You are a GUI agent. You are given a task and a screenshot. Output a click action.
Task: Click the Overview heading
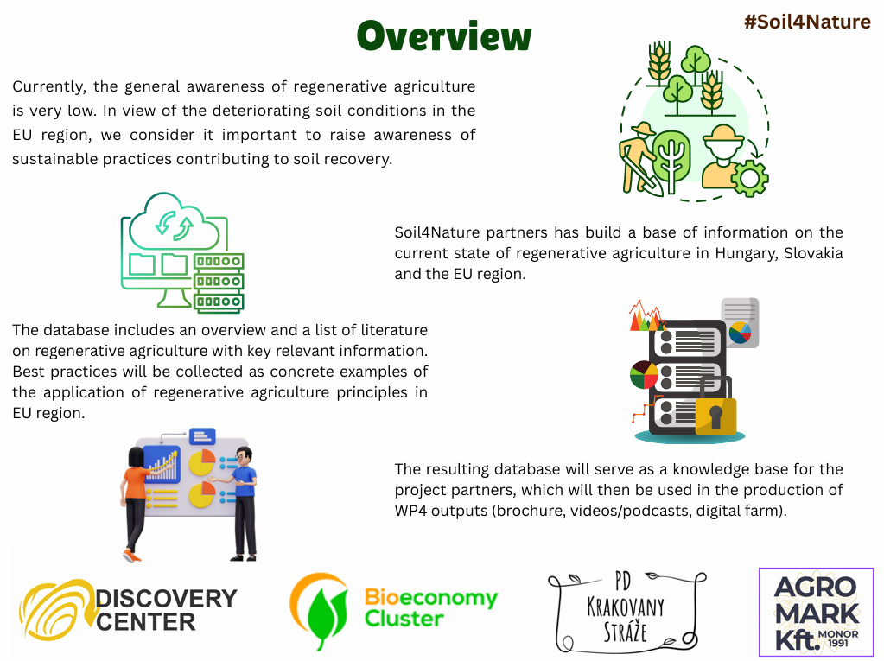pos(444,36)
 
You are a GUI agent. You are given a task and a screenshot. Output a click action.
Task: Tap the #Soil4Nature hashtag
pos(807,22)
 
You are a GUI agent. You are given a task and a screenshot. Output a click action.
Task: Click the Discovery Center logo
pos(129,610)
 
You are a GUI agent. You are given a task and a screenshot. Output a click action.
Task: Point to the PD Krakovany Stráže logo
pos(626,612)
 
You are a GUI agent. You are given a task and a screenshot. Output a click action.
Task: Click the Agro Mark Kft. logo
pos(817,612)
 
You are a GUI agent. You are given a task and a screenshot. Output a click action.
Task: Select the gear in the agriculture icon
pos(749,178)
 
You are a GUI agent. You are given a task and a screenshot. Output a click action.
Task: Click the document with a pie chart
pos(741,323)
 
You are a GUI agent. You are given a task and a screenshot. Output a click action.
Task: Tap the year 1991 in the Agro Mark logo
pos(838,643)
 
